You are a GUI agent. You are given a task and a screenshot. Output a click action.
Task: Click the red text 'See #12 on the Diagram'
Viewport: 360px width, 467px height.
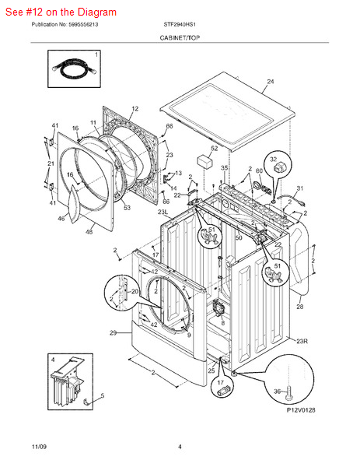(x=61, y=12)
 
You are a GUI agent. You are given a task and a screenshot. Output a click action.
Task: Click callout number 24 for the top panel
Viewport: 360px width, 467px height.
(x=270, y=82)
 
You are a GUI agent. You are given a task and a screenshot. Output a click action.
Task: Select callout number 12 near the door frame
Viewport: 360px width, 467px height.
(x=135, y=109)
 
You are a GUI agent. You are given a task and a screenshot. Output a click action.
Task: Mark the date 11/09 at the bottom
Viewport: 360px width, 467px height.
(x=40, y=446)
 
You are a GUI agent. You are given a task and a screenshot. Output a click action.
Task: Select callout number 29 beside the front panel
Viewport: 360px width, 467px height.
(x=113, y=333)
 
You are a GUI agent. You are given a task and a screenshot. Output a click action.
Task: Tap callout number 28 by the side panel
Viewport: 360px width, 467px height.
(x=299, y=307)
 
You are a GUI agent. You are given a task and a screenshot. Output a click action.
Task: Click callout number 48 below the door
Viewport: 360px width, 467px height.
(x=89, y=232)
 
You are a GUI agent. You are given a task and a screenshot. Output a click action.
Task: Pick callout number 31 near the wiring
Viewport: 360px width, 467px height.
(x=300, y=189)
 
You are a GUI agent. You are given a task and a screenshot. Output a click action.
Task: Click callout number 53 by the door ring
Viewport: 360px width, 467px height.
(x=127, y=208)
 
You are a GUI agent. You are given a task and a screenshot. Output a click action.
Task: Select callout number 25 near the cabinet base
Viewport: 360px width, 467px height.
(x=211, y=370)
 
